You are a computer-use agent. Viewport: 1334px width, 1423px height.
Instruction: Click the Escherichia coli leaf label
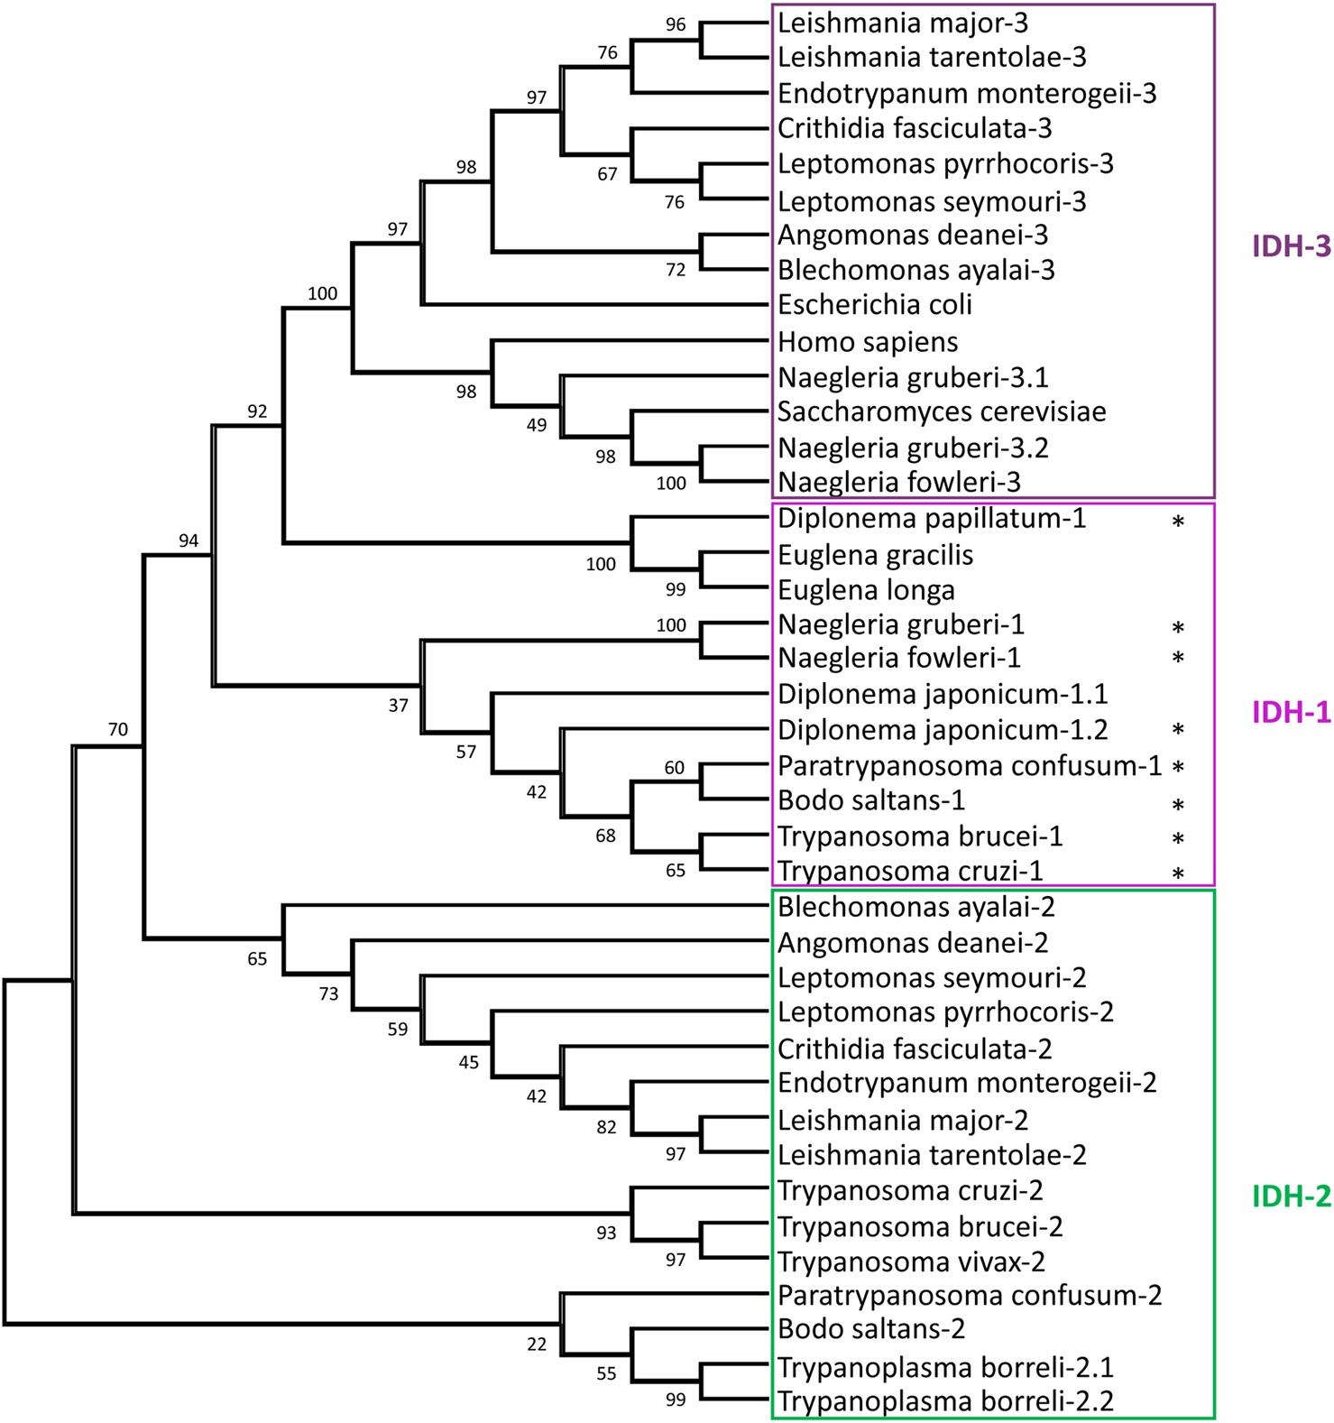874,305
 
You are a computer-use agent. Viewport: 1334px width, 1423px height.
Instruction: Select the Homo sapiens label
868,342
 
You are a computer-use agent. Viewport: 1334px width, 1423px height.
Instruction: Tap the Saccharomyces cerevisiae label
942,411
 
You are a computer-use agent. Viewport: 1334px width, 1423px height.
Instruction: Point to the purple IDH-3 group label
1291,245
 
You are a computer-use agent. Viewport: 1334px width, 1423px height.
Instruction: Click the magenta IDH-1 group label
1291,712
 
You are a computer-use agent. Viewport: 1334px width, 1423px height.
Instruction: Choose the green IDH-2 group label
1291,1197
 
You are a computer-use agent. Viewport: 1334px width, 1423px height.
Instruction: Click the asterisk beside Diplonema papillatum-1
1177,522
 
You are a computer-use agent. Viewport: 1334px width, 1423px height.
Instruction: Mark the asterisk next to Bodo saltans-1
1177,805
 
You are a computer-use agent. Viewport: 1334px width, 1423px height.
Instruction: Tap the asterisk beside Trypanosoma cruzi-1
1177,874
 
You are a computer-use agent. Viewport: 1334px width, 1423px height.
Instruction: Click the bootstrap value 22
537,1344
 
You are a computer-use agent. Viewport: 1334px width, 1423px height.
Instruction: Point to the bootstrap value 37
398,706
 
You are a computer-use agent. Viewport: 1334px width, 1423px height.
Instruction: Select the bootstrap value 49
537,425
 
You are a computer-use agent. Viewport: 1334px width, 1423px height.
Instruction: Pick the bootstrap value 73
328,993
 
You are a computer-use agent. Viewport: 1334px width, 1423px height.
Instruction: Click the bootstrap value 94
188,541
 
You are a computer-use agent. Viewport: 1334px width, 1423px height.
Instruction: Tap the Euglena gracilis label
875,555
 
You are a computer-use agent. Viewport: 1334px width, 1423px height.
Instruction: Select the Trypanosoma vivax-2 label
911,1261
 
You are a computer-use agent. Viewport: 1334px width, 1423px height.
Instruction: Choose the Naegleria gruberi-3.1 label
913,377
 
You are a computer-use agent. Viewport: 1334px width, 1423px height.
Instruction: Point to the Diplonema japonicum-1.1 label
943,694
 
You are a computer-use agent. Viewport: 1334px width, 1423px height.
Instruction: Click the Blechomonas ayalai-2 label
916,907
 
